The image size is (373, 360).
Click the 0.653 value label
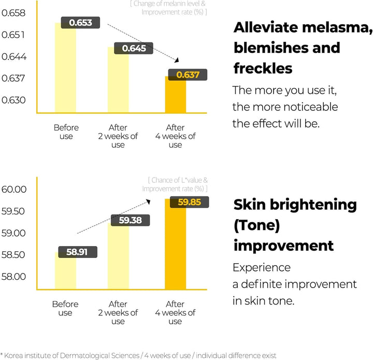point(81,22)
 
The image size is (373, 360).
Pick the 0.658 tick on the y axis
point(14,13)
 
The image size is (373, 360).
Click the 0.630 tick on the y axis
point(14,100)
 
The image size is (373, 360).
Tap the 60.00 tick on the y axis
point(14,190)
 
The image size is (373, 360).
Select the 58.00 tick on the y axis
point(14,277)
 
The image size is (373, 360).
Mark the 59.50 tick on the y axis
point(14,211)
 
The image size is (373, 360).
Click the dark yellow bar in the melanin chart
point(176,96)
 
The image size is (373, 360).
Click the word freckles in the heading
point(263,68)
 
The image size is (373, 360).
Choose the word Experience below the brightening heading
point(261,268)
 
